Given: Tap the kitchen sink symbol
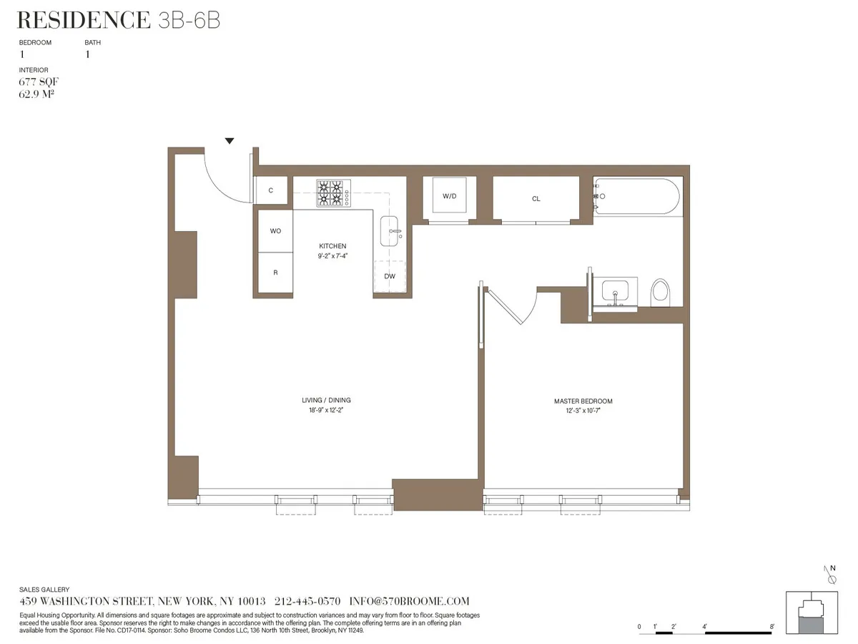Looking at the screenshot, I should click(391, 231).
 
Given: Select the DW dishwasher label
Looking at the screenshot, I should click(390, 276).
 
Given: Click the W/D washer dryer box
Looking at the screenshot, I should click(449, 197).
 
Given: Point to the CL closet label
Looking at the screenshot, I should click(536, 199).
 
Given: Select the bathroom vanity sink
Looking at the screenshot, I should click(615, 293).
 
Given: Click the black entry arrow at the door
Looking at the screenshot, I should click(230, 141).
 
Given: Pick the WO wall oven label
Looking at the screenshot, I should click(275, 231).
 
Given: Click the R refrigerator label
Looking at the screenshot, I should click(275, 273).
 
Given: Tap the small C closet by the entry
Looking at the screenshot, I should click(271, 190).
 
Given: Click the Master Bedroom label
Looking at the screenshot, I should click(583, 401).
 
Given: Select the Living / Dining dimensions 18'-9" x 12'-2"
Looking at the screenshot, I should click(326, 411).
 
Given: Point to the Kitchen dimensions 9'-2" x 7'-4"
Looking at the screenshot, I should click(332, 255).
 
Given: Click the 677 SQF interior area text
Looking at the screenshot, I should click(39, 82).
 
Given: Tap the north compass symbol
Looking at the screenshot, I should click(831, 573).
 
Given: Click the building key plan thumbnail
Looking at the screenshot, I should click(812, 613).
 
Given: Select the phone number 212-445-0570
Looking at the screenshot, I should click(307, 601).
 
